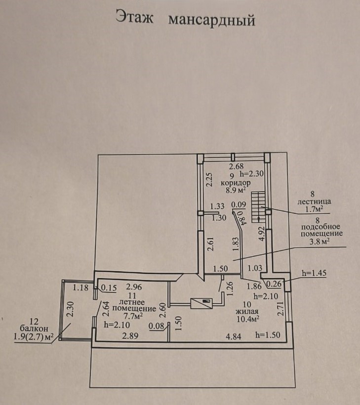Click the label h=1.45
tap(315, 273)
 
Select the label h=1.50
tap(268, 335)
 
